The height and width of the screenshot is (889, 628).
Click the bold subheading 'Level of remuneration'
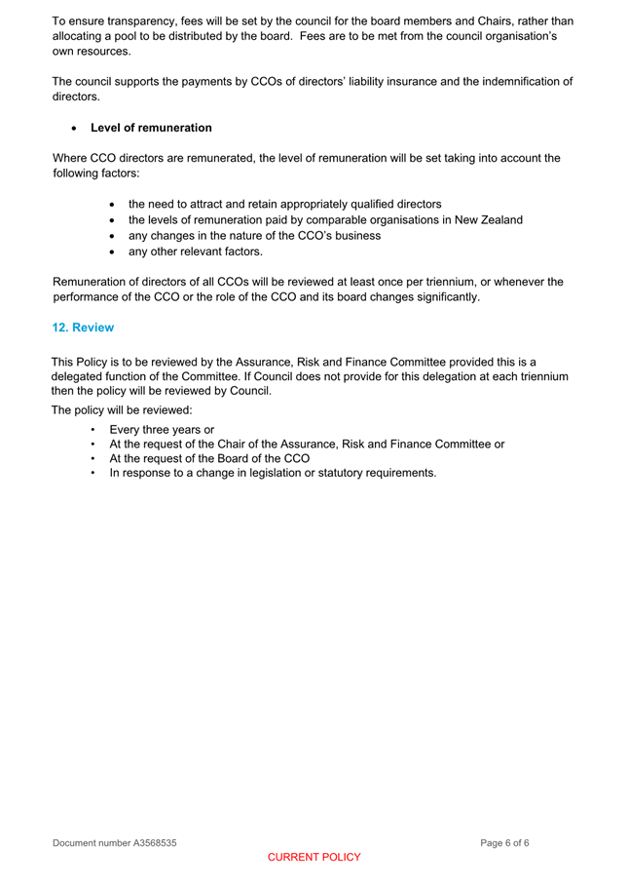pos(150,128)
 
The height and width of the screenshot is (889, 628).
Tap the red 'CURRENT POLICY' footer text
pos(314,858)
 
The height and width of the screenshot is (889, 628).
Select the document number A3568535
pos(114,842)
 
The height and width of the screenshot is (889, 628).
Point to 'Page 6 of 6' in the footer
pos(504,842)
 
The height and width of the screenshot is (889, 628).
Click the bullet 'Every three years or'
pos(162,429)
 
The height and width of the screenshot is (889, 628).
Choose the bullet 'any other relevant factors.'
pos(195,251)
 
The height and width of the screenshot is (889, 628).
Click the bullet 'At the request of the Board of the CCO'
pos(209,458)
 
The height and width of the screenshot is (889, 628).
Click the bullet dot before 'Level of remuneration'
pos(75,129)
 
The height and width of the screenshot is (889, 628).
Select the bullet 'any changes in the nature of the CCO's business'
pos(254,236)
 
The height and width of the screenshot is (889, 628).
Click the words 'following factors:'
pos(96,174)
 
